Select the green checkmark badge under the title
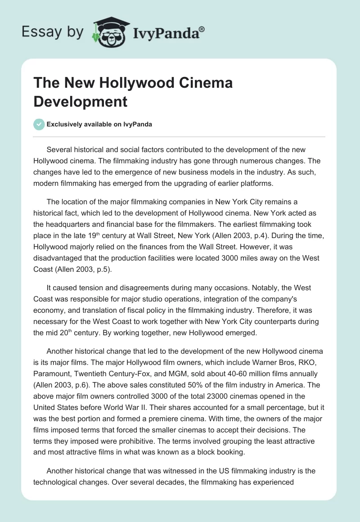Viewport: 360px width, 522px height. pos(39,124)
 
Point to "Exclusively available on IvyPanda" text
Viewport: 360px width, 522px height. pos(99,125)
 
